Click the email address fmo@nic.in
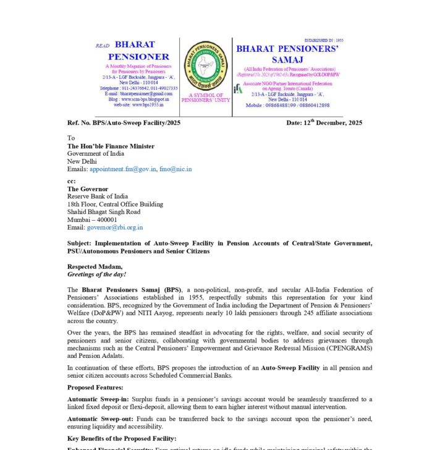[175, 169]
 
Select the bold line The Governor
[88, 189]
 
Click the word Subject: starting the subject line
[80, 244]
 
